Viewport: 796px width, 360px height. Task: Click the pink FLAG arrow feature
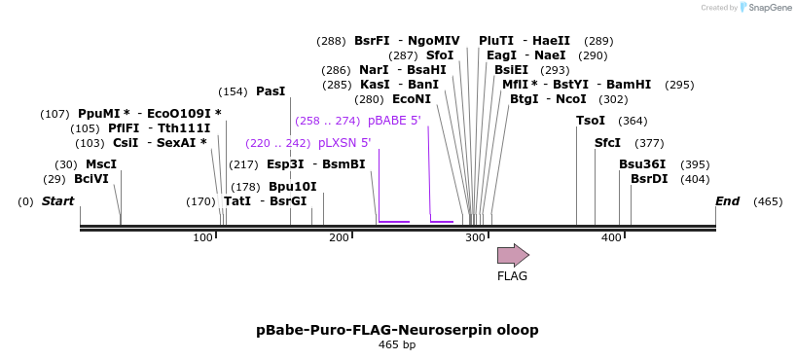[513, 255]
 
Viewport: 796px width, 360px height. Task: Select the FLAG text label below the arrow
[512, 276]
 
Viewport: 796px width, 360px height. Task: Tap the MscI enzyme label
[100, 164]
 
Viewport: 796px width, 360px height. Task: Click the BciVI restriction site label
[91, 179]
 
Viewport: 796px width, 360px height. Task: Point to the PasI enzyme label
[271, 91]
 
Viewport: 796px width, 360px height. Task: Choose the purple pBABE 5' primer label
[394, 121]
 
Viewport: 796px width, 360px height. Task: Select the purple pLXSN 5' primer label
[337, 143]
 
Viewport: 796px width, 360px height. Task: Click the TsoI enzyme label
[591, 121]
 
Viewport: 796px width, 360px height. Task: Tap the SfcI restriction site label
[607, 143]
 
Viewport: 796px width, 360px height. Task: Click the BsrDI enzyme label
[649, 179]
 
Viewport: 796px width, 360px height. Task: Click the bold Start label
[57, 201]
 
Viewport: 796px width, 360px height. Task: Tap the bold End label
[727, 201]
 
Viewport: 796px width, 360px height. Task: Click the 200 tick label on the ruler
[340, 238]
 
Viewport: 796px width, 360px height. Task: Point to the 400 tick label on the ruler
[611, 238]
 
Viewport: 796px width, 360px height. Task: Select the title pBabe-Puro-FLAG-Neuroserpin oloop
[397, 330]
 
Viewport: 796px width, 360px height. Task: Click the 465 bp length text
[397, 345]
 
